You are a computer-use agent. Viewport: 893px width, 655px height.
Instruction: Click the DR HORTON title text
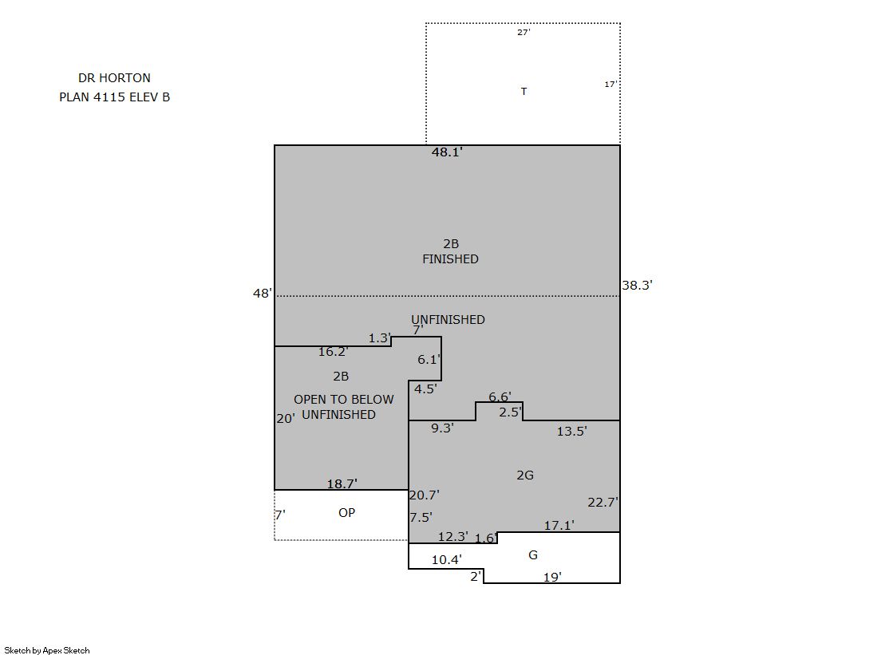click(114, 78)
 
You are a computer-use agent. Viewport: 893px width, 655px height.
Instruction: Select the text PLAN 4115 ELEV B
click(114, 97)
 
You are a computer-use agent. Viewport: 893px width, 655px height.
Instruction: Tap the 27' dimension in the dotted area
click(524, 33)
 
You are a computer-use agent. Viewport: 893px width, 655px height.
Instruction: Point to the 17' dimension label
click(610, 85)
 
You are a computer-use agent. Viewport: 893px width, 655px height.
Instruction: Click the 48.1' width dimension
click(447, 152)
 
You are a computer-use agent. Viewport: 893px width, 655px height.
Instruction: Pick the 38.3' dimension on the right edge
click(637, 286)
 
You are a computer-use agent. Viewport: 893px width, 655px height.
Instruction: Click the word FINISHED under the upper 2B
click(450, 259)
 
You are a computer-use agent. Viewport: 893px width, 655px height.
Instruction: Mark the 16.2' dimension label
click(333, 352)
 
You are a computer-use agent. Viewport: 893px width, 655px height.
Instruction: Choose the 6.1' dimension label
click(429, 359)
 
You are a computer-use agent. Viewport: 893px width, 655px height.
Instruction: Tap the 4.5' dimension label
click(425, 389)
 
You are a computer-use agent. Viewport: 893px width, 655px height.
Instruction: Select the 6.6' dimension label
click(500, 397)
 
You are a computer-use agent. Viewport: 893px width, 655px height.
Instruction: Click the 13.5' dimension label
click(572, 431)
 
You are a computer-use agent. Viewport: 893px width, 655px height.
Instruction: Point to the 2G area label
click(525, 475)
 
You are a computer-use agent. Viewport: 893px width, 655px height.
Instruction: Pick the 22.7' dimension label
click(603, 503)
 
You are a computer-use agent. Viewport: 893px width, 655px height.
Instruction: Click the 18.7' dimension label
click(342, 484)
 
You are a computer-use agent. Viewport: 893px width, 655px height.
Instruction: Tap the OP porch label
click(347, 513)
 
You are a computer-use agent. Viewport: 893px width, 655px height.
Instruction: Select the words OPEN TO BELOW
click(344, 400)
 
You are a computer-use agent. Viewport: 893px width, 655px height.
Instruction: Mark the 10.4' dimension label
click(447, 560)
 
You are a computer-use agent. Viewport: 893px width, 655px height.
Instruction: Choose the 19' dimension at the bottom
click(552, 578)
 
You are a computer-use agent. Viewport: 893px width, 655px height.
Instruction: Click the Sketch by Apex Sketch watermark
click(47, 650)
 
